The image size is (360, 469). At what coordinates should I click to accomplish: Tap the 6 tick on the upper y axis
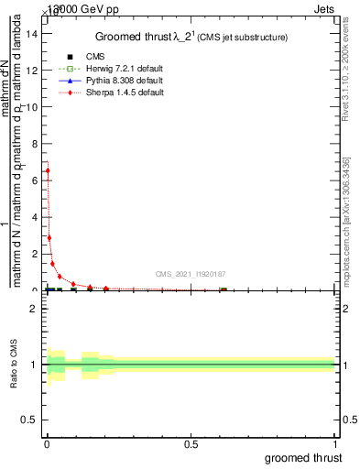click(34, 180)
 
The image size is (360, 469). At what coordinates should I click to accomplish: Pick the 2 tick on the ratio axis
click(34, 309)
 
